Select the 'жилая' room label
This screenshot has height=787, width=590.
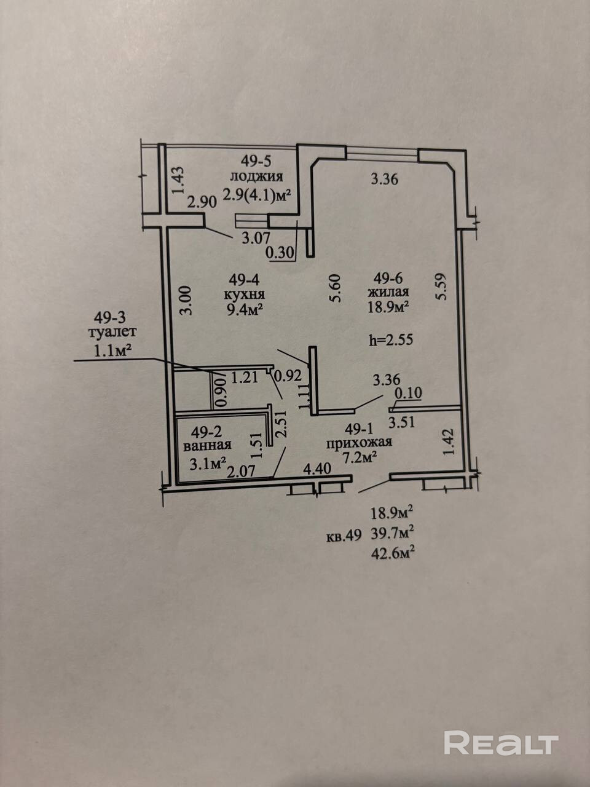pyautogui.click(x=387, y=293)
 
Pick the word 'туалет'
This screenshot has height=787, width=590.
pyautogui.click(x=112, y=333)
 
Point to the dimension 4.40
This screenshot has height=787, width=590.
pyautogui.click(x=318, y=469)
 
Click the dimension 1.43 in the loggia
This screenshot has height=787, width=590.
pyautogui.click(x=178, y=181)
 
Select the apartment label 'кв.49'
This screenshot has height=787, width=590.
pyautogui.click(x=344, y=535)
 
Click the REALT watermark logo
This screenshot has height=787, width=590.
pyautogui.click(x=501, y=743)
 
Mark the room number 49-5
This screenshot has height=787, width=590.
pyautogui.click(x=256, y=162)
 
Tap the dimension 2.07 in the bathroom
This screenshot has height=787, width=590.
pyautogui.click(x=241, y=472)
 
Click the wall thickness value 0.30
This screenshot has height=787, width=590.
pyautogui.click(x=280, y=251)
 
